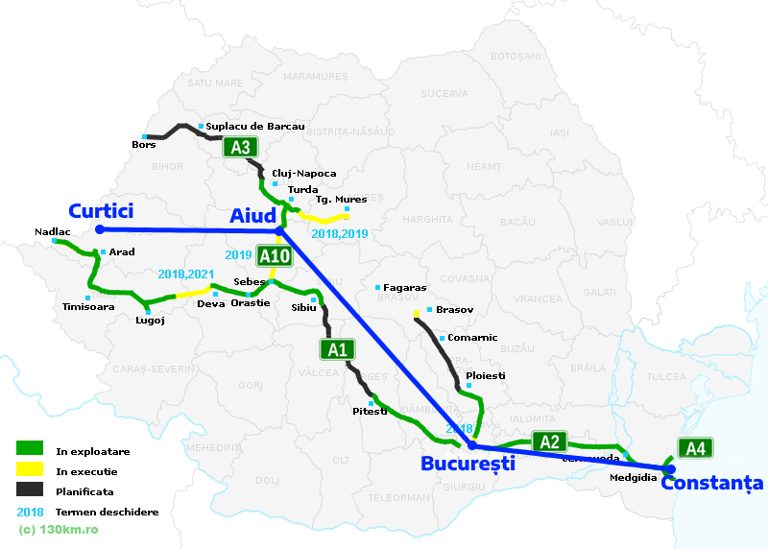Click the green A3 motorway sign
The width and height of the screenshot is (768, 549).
(241, 148)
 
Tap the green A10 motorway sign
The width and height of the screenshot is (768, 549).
(275, 255)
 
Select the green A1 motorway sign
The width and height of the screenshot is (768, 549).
(336, 349)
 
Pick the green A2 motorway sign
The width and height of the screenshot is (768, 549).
(549, 442)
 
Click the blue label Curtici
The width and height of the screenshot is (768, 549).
(101, 211)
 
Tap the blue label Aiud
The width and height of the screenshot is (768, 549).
(252, 216)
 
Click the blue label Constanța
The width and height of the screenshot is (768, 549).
(710, 484)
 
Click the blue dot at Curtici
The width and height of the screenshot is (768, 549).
(99, 229)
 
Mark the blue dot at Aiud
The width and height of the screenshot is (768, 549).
(279, 230)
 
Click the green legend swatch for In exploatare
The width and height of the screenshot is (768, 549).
(29, 449)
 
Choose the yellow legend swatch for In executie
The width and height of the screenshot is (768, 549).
(29, 470)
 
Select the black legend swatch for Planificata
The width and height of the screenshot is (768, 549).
(29, 490)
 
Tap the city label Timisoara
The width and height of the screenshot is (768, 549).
(87, 308)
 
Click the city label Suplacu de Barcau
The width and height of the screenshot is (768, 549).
(255, 127)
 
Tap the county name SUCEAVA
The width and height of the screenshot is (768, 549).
(443, 94)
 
